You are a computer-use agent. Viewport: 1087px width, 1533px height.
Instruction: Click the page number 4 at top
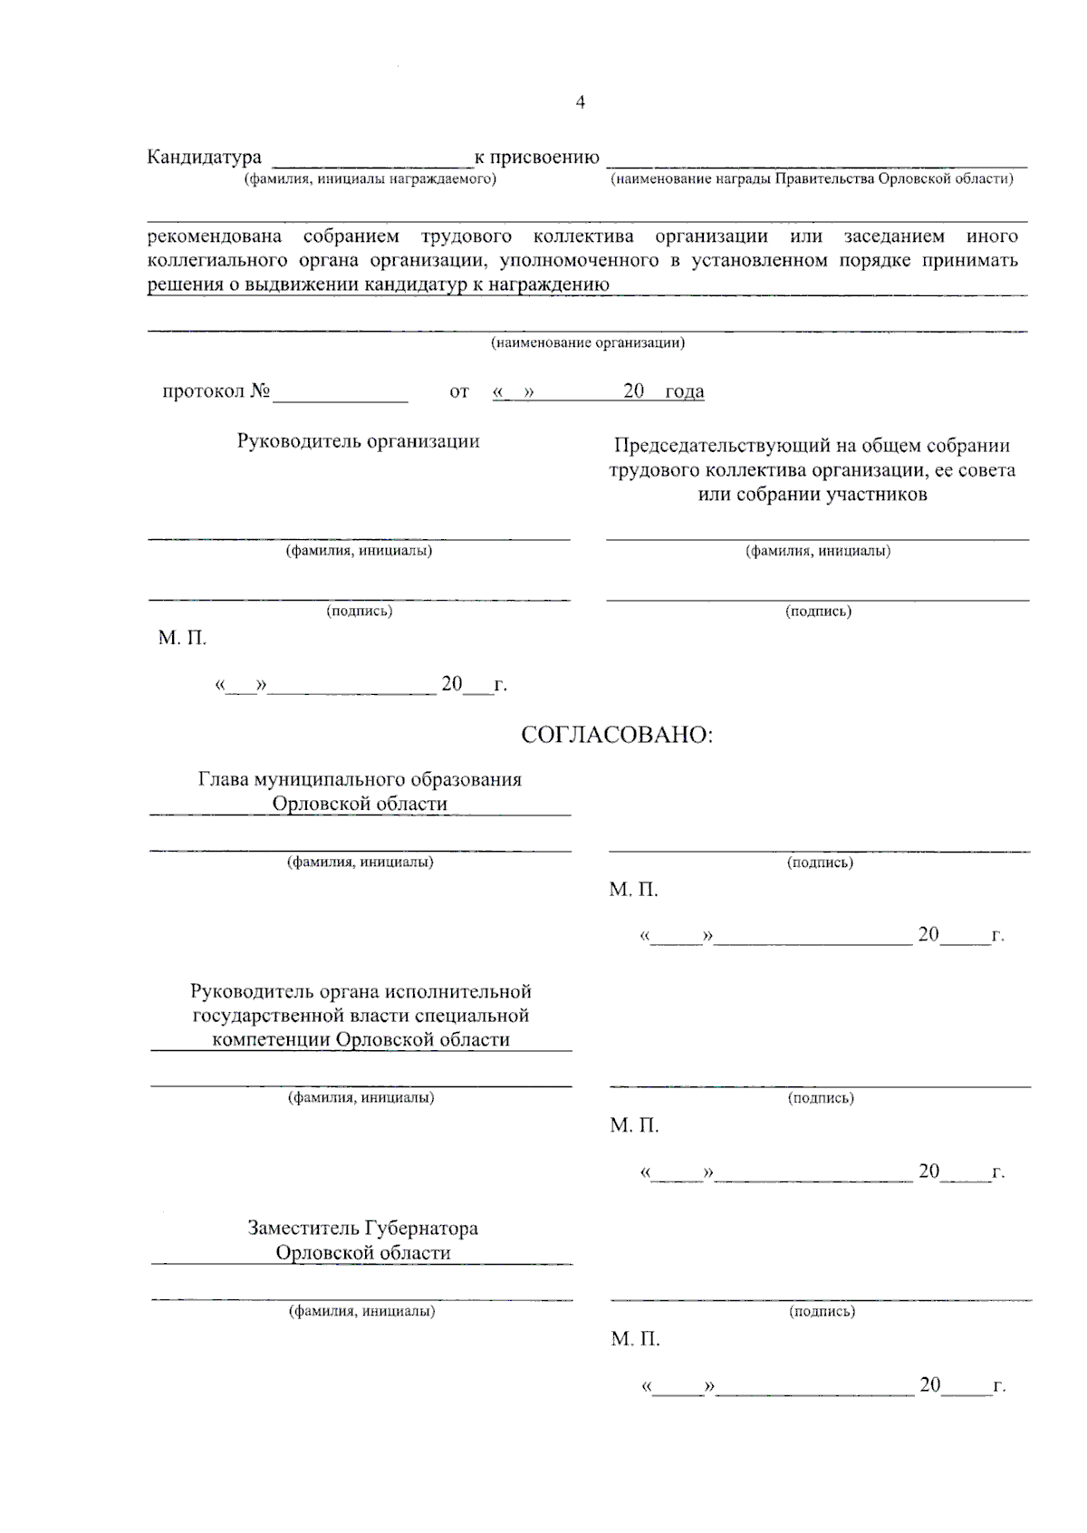580,102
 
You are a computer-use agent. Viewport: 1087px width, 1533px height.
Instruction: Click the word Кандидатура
204,159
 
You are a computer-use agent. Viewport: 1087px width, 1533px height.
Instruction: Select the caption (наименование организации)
588,343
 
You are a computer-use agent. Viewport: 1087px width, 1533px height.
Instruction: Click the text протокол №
216,391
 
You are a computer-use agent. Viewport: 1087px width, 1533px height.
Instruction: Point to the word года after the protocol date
684,391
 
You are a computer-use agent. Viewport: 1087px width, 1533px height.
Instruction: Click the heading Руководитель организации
359,441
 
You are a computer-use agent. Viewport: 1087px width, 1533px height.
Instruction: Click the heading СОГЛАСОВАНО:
617,735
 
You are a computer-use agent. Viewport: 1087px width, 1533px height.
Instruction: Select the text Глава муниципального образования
360,780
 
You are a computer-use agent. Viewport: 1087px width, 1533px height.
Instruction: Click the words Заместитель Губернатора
362,1229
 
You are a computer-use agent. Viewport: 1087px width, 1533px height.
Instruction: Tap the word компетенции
271,1040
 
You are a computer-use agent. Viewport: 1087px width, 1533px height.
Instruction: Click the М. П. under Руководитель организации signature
182,639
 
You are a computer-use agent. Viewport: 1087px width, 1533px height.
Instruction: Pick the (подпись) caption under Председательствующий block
818,612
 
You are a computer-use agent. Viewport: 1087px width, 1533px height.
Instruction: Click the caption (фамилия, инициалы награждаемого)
370,179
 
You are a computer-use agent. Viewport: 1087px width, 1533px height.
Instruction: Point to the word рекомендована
214,237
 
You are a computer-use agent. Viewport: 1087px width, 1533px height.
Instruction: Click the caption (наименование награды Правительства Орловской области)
813,179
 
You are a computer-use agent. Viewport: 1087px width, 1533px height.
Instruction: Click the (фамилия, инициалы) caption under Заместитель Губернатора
361,1311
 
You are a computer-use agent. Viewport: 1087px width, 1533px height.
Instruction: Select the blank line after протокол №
341,395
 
